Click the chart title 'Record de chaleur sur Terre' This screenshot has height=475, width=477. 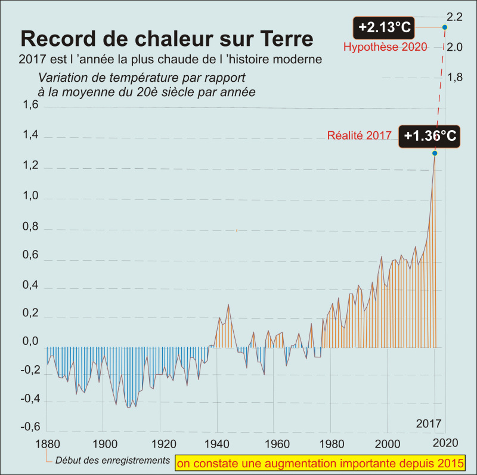pos(167,39)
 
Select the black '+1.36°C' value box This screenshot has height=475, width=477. pos(430,136)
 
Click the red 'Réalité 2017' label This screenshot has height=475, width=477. pos(359,135)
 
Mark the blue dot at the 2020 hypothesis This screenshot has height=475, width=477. pos(445,27)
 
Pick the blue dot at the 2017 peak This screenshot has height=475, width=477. pos(435,153)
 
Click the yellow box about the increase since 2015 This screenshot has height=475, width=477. pos(320,462)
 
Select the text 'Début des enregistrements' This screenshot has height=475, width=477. pos(111,461)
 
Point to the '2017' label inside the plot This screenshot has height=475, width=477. pos(428,424)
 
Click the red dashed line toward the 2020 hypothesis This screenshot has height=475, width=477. pos(440,90)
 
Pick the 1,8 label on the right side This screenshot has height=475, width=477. pos(455,77)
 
